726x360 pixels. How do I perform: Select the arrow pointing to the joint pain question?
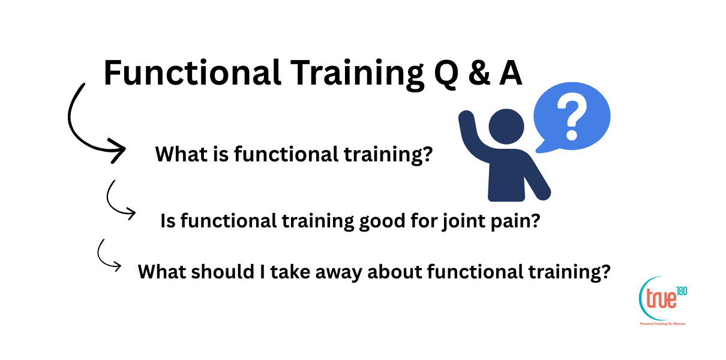117,201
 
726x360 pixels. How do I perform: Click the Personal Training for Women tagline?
662,323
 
